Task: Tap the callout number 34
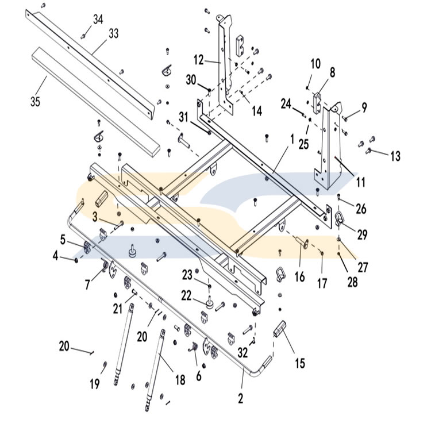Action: (x=98, y=20)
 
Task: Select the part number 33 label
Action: (x=113, y=34)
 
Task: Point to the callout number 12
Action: (x=198, y=60)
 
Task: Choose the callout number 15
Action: (x=300, y=363)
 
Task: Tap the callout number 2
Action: (x=241, y=397)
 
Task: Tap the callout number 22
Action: (x=186, y=295)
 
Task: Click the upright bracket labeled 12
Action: (x=225, y=63)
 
